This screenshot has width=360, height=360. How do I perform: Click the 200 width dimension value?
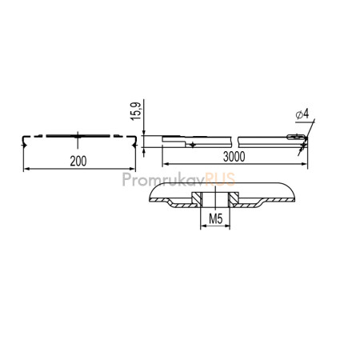coord(78,161)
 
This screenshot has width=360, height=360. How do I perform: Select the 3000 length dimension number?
coord(234,157)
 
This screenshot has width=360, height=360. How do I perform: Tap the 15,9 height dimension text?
coord(136,111)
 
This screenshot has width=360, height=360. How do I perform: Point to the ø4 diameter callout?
coord(302,114)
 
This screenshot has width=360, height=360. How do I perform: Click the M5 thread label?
coord(215,219)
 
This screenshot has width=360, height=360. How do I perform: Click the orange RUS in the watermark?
coord(220,179)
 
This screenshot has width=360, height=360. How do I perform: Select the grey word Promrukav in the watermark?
coord(164,180)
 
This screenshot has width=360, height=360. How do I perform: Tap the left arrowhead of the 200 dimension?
coord(26,169)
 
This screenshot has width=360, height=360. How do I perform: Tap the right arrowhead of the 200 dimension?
coord(133,169)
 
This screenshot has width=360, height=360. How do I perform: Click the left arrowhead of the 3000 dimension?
coord(166,164)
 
